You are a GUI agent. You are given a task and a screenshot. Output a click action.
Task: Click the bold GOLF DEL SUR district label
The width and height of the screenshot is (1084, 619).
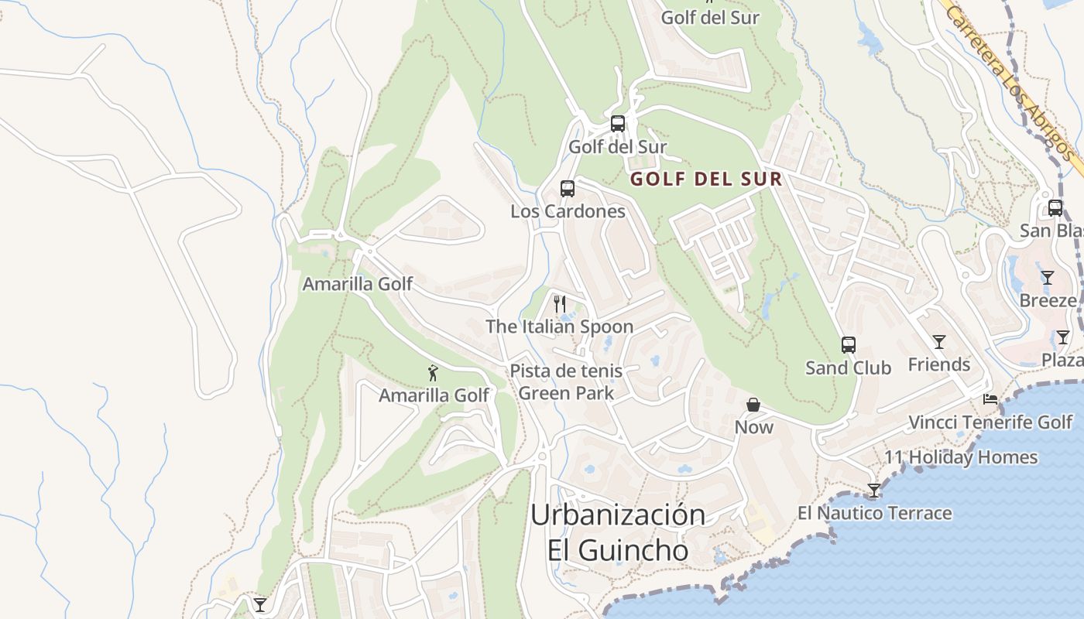pos(705,180)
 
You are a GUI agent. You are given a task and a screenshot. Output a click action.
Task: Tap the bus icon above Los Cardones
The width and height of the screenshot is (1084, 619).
pos(568,189)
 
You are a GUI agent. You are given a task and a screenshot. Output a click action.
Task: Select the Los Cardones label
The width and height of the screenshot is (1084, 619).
pos(568,211)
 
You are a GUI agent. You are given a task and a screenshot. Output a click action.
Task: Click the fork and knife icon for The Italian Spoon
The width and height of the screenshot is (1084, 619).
pos(561,303)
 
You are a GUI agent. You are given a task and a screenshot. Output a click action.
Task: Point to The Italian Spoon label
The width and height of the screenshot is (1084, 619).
pos(559,327)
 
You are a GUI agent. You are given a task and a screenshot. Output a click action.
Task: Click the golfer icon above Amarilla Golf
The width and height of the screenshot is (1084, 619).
pos(433,373)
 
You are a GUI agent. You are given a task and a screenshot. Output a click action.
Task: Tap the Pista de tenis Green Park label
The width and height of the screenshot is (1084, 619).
pos(566,382)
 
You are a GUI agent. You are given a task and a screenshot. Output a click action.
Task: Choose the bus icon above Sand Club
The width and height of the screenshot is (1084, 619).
pos(849,345)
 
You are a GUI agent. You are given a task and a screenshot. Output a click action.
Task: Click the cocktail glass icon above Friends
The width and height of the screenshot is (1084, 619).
pos(939,342)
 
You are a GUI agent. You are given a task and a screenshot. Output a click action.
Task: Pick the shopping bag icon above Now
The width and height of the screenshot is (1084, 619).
pos(753,405)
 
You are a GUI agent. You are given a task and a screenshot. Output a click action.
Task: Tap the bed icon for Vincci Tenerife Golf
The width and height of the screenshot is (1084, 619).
pos(990,400)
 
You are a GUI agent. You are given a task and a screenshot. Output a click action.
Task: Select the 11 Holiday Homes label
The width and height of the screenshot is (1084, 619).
pos(961,457)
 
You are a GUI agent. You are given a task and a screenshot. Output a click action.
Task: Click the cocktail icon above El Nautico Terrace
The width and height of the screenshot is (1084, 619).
pos(874,491)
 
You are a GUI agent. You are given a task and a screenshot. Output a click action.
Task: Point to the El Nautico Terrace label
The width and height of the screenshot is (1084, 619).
pos(874,513)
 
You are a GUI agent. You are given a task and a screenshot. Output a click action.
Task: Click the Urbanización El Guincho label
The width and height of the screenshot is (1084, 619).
pos(618,532)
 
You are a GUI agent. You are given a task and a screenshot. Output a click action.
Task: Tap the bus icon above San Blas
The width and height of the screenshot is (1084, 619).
pos(1055,208)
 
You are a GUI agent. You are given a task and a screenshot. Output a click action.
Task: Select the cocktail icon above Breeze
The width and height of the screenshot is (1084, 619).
pos(1048,278)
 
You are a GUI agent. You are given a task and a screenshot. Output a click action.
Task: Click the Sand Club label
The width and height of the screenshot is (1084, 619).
pos(849,368)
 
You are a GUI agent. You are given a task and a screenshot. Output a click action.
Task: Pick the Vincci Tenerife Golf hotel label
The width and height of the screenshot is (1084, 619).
pos(990,422)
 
